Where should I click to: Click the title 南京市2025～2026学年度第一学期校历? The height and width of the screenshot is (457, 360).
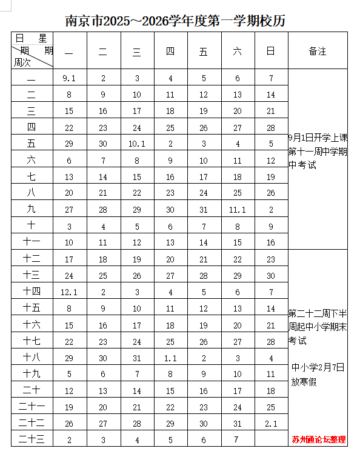point(175,21)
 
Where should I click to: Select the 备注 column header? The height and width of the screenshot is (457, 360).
point(317,52)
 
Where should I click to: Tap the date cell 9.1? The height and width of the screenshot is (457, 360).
point(68,78)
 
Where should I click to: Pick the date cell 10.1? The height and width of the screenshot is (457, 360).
point(136,144)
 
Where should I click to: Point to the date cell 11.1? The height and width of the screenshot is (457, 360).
point(237,210)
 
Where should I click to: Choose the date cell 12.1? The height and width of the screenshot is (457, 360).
point(68,292)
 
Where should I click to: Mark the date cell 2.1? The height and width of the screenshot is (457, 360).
point(271,423)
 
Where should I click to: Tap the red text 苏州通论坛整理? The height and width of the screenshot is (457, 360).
point(318,439)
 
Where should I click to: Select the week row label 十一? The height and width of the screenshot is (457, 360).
point(32,242)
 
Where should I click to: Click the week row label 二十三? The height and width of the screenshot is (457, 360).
point(32,439)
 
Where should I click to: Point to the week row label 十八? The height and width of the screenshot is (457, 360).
point(32,358)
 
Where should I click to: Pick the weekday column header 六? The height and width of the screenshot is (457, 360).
point(237,52)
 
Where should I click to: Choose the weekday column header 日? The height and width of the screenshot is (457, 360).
point(271,52)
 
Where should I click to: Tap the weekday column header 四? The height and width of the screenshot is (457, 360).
point(170,52)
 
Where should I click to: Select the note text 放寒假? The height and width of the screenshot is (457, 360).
point(303,382)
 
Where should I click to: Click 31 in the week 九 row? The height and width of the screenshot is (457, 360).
point(204,210)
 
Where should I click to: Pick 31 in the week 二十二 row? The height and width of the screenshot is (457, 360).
point(237,423)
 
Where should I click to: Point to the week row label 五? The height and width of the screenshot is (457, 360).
point(32,144)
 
